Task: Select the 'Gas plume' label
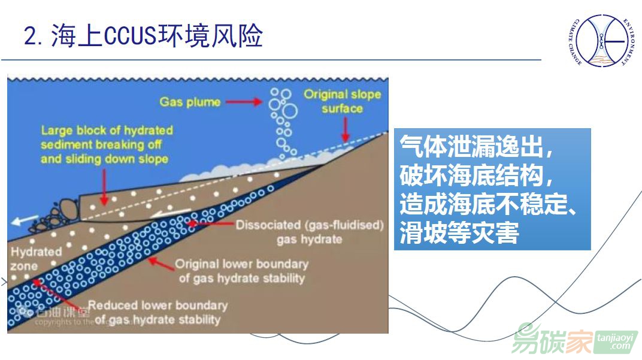[x=190, y=101]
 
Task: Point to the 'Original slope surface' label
[x=342, y=101]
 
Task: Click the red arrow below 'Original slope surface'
[x=345, y=128]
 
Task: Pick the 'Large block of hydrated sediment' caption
[x=107, y=144]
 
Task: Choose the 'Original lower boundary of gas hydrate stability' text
[x=241, y=271]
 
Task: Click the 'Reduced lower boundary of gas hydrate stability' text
[x=158, y=312]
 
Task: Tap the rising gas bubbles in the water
[x=283, y=120]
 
